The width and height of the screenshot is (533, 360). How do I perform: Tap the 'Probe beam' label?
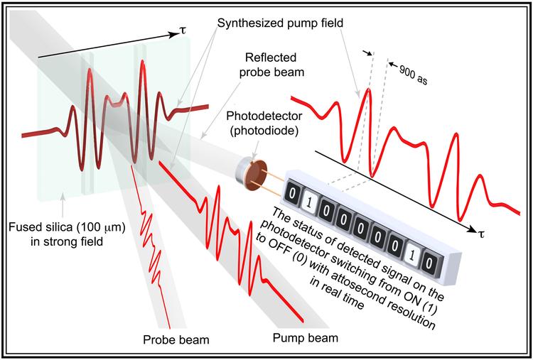(x=175, y=339)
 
